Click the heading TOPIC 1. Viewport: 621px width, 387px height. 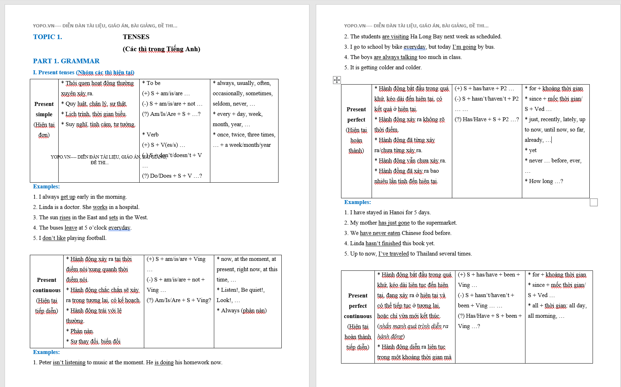tap(47, 37)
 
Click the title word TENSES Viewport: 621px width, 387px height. tap(136, 37)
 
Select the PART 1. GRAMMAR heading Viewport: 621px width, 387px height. tap(66, 61)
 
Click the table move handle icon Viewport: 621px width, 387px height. tap(337, 80)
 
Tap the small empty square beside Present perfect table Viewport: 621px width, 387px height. tap(594, 202)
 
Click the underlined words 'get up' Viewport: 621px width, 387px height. tap(68, 197)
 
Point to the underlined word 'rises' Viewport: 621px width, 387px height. tap(65, 217)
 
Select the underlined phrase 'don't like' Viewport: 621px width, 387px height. tap(54, 238)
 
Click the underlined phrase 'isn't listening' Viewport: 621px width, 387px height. tap(69, 362)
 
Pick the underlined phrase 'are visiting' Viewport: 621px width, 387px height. tap(395, 37)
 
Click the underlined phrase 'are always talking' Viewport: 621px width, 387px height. tap(395, 57)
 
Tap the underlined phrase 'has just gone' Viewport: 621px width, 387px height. tap(394, 223)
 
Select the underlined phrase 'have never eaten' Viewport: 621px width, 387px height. tap(380, 233)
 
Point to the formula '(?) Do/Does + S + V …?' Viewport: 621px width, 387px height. tap(172, 176)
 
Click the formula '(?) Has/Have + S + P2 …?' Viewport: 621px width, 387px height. tap(487, 119)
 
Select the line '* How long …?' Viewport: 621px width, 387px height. tap(544, 181)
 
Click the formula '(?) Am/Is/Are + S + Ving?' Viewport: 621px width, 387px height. tap(179, 300)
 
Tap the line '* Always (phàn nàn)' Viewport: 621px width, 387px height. tap(242, 311)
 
